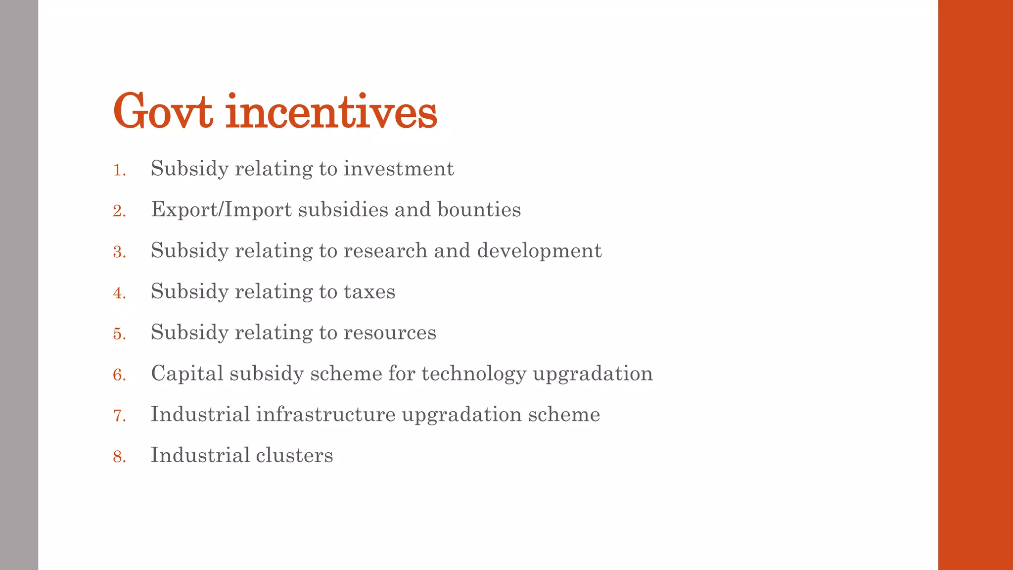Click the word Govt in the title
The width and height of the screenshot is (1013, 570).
163,112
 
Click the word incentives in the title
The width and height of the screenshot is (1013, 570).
331,112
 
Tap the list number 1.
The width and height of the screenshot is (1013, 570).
119,170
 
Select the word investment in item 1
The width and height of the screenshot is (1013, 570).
399,169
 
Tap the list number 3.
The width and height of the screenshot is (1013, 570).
119,252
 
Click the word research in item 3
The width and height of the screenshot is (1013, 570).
385,251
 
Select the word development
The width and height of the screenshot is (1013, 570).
539,251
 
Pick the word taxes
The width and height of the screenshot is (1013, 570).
369,292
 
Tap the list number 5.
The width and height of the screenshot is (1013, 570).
119,334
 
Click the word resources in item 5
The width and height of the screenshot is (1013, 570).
390,332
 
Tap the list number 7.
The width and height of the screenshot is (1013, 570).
119,416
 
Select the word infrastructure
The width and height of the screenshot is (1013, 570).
325,415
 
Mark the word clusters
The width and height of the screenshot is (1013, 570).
294,456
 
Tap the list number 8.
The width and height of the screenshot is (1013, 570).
119,457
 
